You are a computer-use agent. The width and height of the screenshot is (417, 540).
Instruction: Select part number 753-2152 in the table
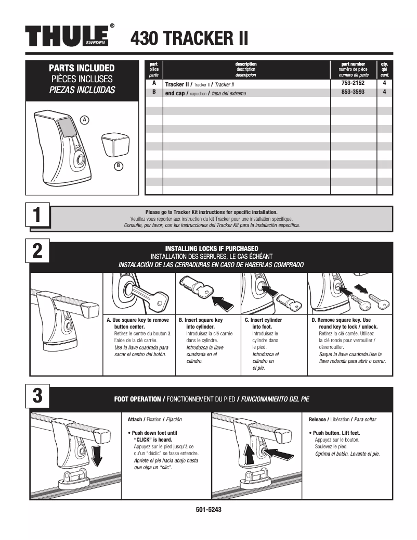(353, 83)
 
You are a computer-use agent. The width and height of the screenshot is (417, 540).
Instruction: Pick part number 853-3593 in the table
(353, 92)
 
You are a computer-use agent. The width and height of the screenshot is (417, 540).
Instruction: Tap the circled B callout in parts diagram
(118, 166)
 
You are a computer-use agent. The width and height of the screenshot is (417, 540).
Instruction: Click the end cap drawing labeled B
(115, 144)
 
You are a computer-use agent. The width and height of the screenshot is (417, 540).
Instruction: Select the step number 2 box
(38, 250)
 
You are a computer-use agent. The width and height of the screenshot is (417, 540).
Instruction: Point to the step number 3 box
(38, 395)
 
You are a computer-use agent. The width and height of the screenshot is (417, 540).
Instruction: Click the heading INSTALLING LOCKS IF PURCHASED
(211, 248)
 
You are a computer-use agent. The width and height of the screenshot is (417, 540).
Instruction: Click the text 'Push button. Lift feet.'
(336, 433)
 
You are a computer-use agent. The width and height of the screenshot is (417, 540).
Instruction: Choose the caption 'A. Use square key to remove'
(138, 320)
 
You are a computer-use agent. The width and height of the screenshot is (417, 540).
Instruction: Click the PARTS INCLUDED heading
(82, 68)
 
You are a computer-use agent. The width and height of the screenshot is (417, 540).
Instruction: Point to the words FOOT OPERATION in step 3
(137, 399)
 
